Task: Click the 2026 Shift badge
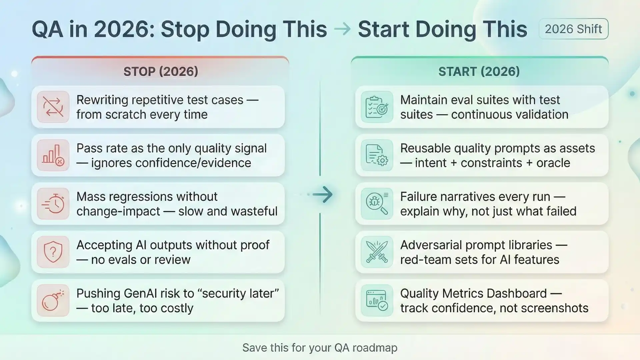pyautogui.click(x=573, y=29)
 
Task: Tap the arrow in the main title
pyautogui.click(x=342, y=29)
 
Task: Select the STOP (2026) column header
pyautogui.click(x=161, y=71)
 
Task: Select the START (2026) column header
pyautogui.click(x=479, y=71)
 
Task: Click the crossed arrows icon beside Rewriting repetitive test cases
pyautogui.click(x=53, y=107)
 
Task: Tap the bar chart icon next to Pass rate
pyautogui.click(x=53, y=155)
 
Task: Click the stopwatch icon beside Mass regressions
pyautogui.click(x=53, y=204)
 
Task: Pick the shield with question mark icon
pyautogui.click(x=53, y=252)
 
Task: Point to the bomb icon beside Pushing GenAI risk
pyautogui.click(x=53, y=300)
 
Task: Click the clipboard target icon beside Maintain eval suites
pyautogui.click(x=377, y=107)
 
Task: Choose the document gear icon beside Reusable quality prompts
pyautogui.click(x=377, y=155)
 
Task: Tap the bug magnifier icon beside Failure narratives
pyautogui.click(x=377, y=204)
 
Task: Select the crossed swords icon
pyautogui.click(x=377, y=252)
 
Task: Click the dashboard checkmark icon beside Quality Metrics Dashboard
pyautogui.click(x=377, y=300)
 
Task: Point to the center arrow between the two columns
pyautogui.click(x=322, y=195)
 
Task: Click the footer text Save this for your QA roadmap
pyautogui.click(x=320, y=348)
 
